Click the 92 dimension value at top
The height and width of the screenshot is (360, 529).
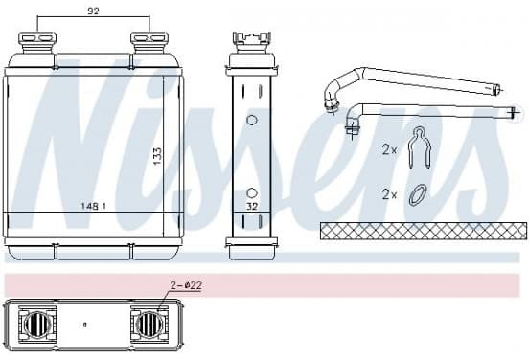point(93,11)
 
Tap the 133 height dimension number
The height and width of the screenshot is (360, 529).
point(157,156)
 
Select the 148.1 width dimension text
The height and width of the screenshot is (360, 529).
point(94,206)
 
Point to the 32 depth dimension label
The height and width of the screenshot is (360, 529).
point(252,206)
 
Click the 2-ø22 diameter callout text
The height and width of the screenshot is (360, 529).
point(186,286)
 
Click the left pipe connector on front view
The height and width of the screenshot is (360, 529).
point(37,42)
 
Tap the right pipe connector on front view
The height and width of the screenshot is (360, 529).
point(149,42)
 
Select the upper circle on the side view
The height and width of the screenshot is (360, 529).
point(252,120)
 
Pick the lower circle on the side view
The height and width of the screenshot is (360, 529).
point(252,193)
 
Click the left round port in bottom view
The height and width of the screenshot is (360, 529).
point(37,325)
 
